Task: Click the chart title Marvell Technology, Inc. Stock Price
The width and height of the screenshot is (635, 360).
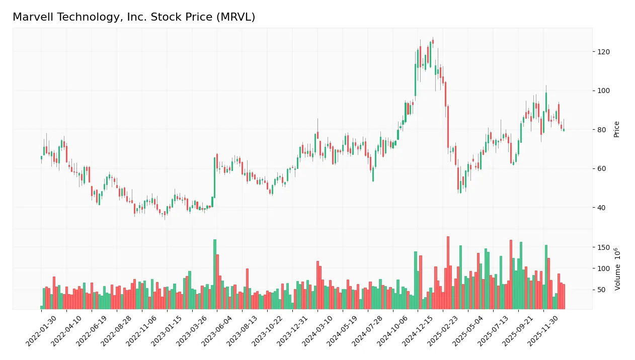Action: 134,17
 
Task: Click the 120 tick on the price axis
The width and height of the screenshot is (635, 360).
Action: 603,52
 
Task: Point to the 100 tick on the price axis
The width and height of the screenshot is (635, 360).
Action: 603,91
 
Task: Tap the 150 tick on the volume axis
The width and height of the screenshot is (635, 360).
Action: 603,247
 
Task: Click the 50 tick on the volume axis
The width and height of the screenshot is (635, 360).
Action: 601,290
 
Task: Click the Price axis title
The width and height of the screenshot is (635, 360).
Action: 616,129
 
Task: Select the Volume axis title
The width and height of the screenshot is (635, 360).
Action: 617,269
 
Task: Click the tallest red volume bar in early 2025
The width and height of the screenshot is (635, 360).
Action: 448,273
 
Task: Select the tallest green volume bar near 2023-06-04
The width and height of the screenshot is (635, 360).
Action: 215,274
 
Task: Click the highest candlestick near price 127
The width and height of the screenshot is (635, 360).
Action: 433,42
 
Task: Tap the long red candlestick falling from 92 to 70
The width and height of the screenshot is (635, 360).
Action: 448,127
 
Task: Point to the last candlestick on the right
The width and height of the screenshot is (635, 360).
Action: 564,130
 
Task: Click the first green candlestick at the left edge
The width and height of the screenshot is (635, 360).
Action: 41,157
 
